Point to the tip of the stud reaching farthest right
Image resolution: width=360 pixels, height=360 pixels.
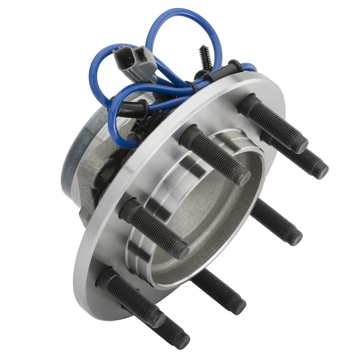321,171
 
